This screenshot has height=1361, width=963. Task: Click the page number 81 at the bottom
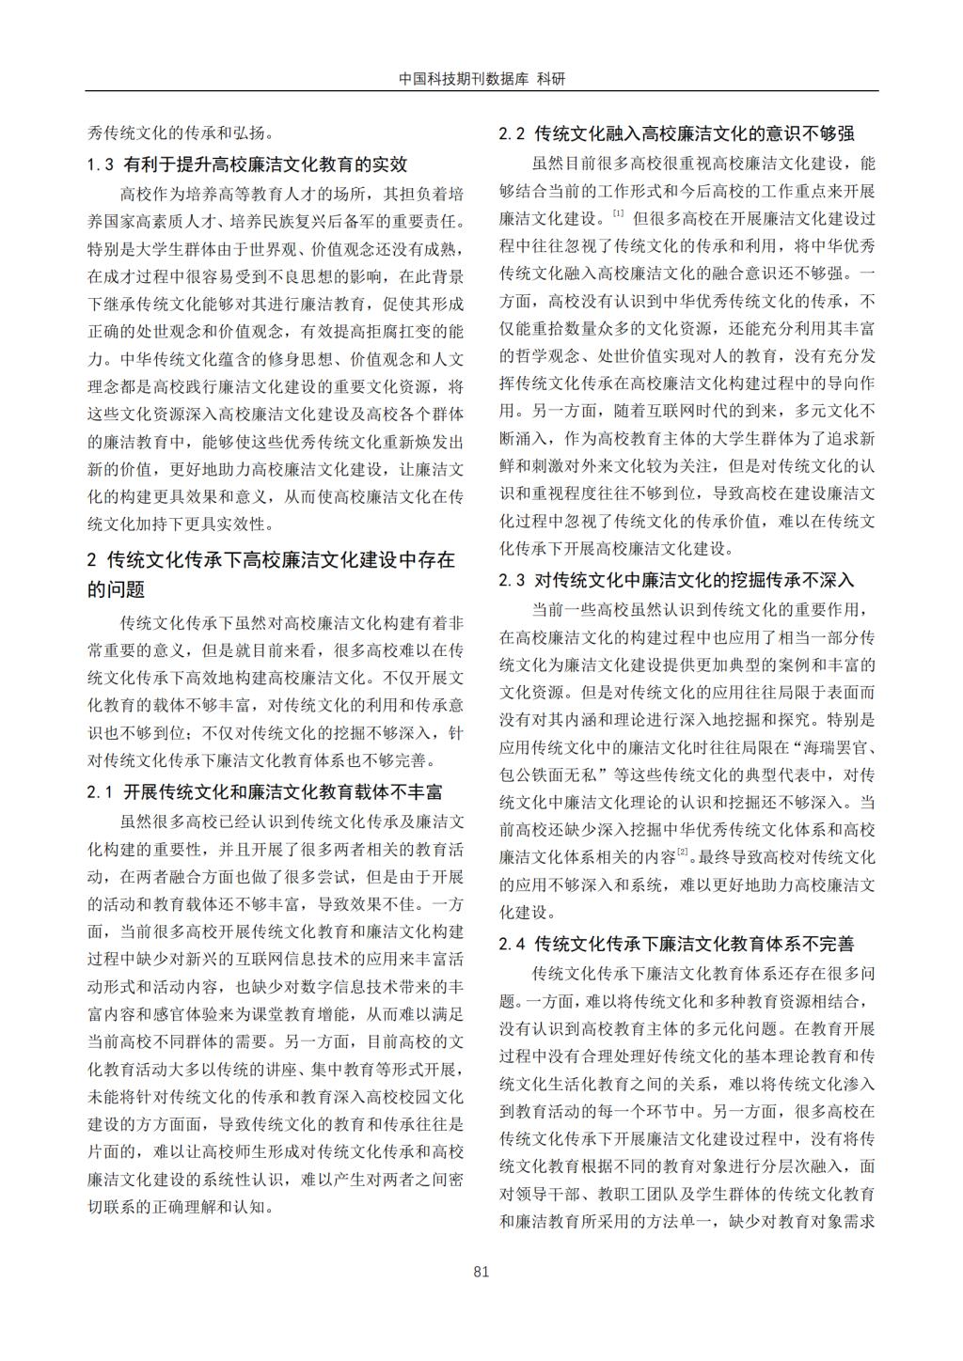point(481,1272)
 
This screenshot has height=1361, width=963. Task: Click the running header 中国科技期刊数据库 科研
point(481,80)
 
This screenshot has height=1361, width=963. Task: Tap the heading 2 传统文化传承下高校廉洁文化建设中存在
point(271,560)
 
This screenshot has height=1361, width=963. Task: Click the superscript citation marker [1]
point(618,214)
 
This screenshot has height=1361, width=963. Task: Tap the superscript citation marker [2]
point(683,852)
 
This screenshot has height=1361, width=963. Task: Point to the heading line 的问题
point(117,590)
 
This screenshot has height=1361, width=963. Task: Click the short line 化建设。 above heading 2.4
point(528,912)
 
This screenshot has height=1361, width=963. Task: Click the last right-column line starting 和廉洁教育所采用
point(687,1222)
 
